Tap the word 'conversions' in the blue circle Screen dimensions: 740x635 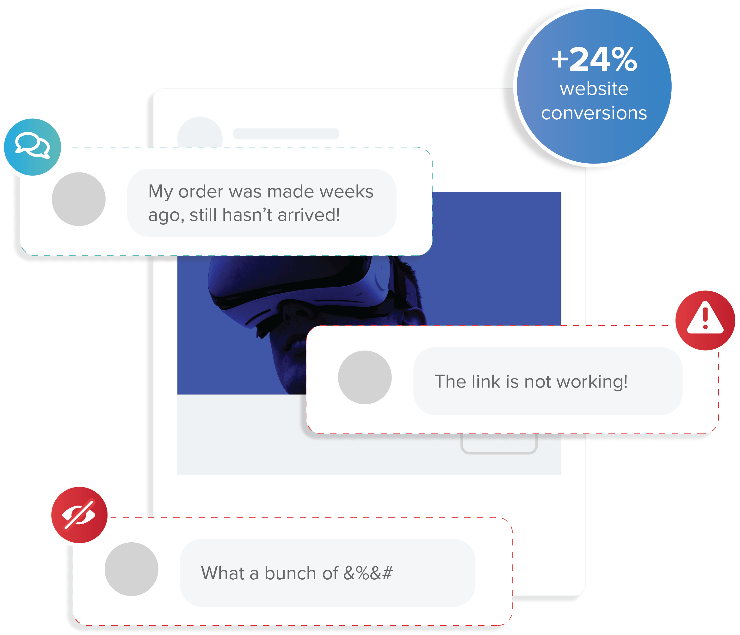tap(594, 113)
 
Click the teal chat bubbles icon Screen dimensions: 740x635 tap(33, 147)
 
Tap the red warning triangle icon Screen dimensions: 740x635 tap(705, 320)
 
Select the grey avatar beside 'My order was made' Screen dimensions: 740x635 tap(78, 199)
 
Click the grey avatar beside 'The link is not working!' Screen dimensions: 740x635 tap(365, 377)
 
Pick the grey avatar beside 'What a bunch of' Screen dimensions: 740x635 tap(132, 569)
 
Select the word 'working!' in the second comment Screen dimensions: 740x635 tap(592, 382)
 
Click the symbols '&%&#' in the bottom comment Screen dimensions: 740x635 tap(368, 573)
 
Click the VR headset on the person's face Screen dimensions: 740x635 tap(300, 286)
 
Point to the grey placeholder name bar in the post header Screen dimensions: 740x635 tap(286, 134)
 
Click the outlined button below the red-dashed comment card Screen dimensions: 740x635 tap(499, 444)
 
